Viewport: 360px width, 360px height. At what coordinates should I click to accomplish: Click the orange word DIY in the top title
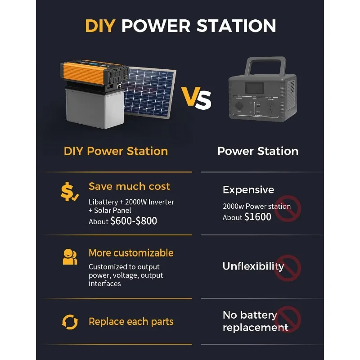click(100, 26)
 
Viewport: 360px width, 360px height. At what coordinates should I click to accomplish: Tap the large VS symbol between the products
click(196, 98)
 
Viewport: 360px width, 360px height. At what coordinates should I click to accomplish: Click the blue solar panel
click(150, 92)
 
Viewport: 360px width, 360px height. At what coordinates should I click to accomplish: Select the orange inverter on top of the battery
click(94, 73)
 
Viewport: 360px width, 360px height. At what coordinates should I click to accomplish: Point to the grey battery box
click(95, 108)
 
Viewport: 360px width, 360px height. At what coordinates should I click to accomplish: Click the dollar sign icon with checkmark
click(69, 192)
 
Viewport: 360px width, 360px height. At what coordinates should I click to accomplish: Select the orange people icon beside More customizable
click(70, 257)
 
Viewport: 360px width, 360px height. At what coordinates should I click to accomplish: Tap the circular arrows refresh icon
click(70, 322)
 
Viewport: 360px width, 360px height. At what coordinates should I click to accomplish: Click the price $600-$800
click(134, 221)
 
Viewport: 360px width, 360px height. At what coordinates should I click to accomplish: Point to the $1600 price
click(257, 217)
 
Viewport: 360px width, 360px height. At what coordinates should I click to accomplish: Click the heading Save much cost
click(129, 186)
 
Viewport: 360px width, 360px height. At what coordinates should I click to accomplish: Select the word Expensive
click(248, 190)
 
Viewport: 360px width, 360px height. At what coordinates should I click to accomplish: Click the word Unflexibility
click(253, 266)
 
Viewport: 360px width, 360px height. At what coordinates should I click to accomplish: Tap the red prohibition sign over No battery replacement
click(288, 319)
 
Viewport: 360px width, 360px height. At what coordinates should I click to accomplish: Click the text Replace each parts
click(131, 322)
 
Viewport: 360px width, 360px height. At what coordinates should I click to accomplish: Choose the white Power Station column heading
click(258, 151)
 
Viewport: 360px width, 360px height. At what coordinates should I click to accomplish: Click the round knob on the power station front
click(239, 106)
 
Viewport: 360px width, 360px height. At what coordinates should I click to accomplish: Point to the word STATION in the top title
click(236, 26)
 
